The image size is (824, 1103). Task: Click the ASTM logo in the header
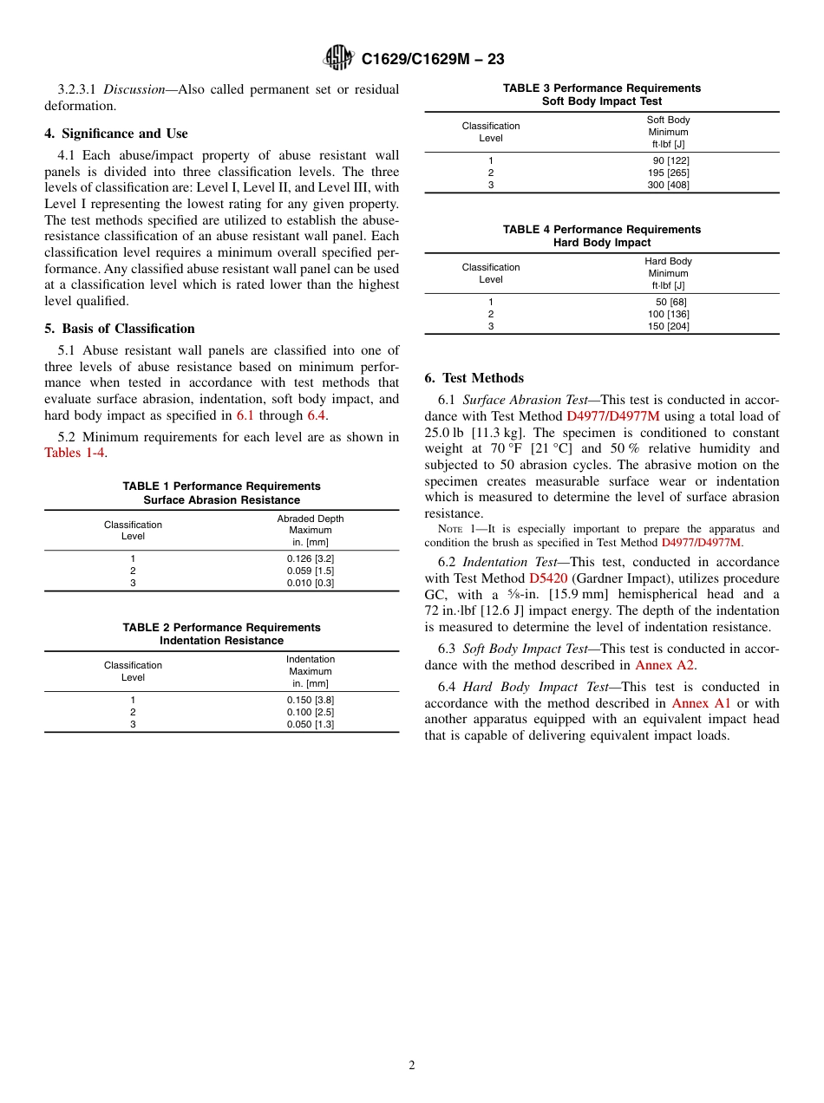338,58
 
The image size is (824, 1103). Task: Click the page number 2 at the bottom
412,1066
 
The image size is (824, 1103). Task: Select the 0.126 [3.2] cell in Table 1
310,558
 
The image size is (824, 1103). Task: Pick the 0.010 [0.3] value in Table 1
310,583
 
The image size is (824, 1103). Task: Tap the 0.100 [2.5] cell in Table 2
310,712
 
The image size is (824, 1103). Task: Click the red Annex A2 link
664,665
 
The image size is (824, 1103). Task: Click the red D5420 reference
547,578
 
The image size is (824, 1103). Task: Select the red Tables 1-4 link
75,453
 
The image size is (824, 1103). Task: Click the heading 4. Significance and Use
116,134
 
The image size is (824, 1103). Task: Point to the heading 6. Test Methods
474,378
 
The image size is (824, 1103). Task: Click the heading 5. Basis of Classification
120,329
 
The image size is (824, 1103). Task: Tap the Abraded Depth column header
310,519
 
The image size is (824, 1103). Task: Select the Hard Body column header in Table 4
668,261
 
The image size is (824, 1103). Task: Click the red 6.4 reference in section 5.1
317,415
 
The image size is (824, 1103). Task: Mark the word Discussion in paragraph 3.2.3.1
129,89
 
